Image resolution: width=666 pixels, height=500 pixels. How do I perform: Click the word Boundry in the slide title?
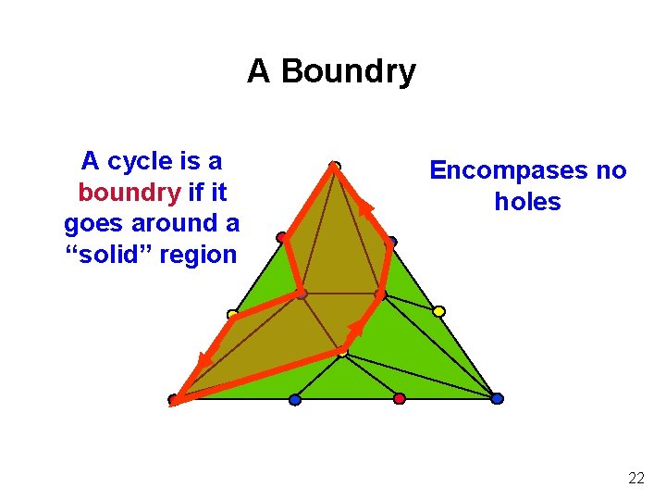[x=348, y=71]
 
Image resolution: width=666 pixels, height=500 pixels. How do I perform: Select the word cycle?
[x=140, y=162]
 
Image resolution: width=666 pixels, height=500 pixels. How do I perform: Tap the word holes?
[x=527, y=201]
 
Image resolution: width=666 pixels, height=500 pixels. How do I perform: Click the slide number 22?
[x=636, y=478]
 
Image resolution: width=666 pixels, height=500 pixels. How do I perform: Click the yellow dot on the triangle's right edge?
[x=439, y=311]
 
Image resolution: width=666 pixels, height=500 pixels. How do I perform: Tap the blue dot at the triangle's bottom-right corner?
[x=497, y=398]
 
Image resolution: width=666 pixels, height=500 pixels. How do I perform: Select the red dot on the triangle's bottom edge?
[x=400, y=398]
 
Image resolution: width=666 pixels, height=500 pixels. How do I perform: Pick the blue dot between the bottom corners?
[x=295, y=399]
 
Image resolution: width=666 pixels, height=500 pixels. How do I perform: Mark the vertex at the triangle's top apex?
[x=335, y=167]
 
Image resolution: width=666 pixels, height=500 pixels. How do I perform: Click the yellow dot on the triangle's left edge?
[x=232, y=315]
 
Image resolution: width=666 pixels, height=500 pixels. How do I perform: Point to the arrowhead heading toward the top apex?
[x=366, y=208]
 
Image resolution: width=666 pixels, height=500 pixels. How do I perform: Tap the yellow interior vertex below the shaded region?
[x=342, y=352]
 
